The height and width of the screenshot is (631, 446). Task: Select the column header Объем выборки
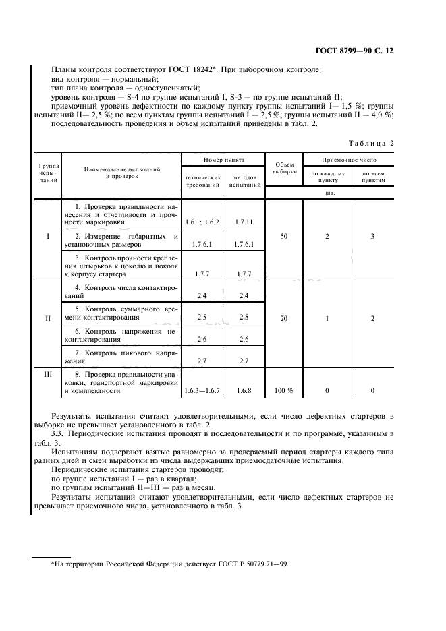coord(284,167)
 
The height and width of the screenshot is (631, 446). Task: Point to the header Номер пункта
coord(224,160)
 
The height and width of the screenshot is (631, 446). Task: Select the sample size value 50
coord(284,237)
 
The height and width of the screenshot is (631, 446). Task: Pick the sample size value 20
coord(284,318)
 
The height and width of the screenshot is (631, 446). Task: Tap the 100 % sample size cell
coord(284,390)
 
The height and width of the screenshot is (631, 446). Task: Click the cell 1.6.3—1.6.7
coord(202,390)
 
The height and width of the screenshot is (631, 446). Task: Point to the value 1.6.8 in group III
coord(244,390)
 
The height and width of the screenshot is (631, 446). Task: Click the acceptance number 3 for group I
coord(372,237)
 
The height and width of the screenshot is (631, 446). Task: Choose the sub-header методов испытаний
coord(244,180)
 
